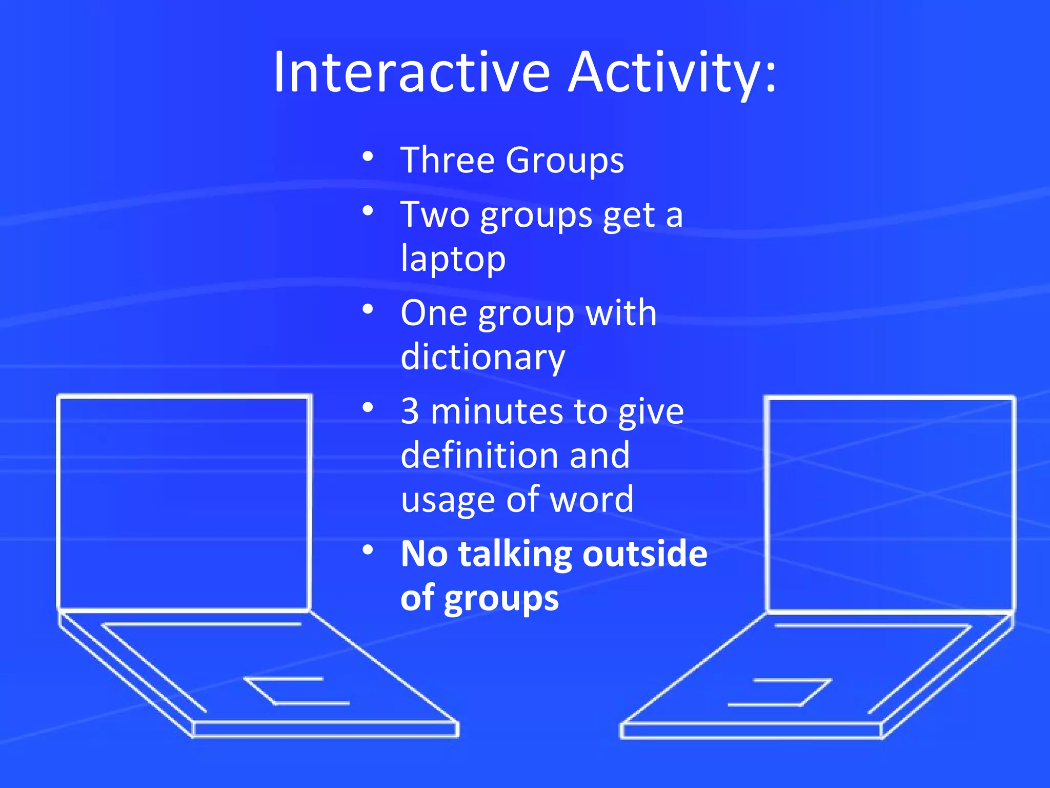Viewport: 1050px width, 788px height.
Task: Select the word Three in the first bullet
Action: point(447,160)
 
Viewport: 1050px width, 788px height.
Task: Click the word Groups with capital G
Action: point(564,161)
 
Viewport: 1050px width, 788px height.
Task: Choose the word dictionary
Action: point(482,358)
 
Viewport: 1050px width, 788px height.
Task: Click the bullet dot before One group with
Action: point(368,309)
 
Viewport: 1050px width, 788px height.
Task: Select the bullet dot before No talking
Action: point(368,550)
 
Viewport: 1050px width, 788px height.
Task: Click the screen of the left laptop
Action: point(185,503)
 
